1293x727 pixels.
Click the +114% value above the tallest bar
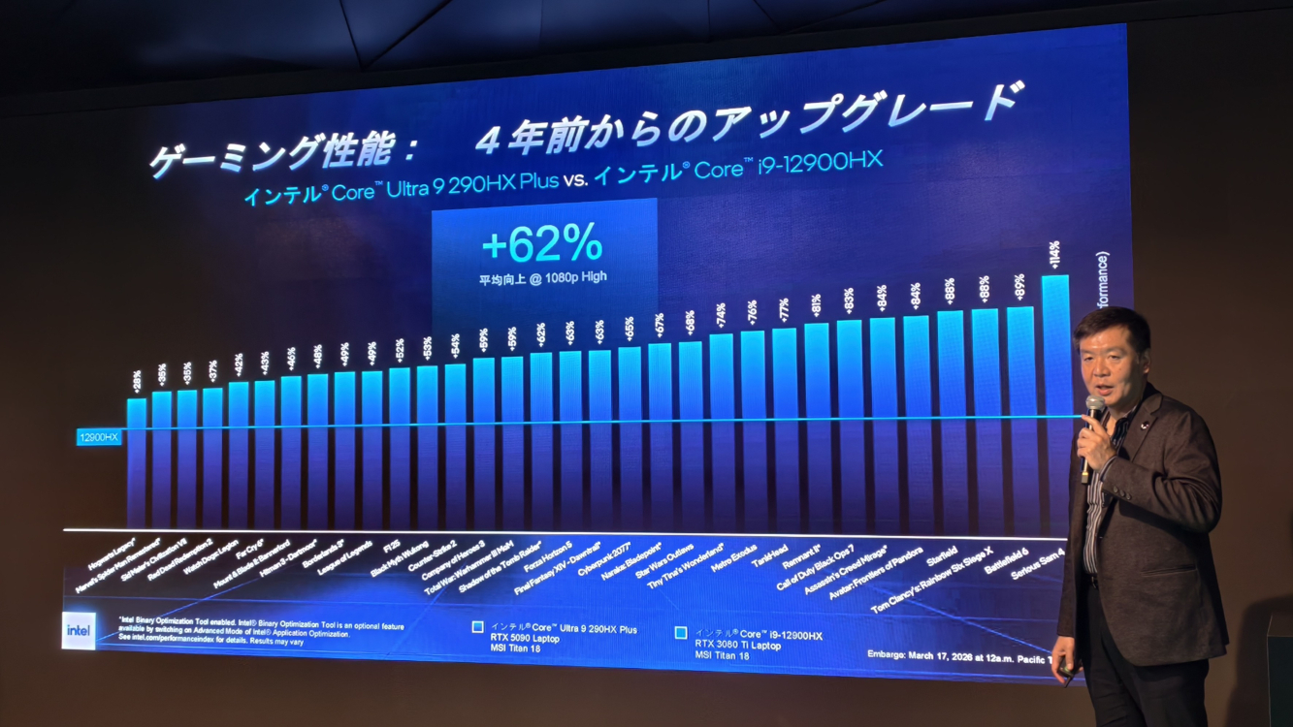(1053, 257)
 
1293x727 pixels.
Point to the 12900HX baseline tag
(99, 437)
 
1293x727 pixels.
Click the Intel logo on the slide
(79, 630)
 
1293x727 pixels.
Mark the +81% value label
(817, 306)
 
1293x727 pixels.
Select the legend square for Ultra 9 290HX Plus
(477, 627)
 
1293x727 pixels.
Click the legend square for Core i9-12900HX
(681, 633)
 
